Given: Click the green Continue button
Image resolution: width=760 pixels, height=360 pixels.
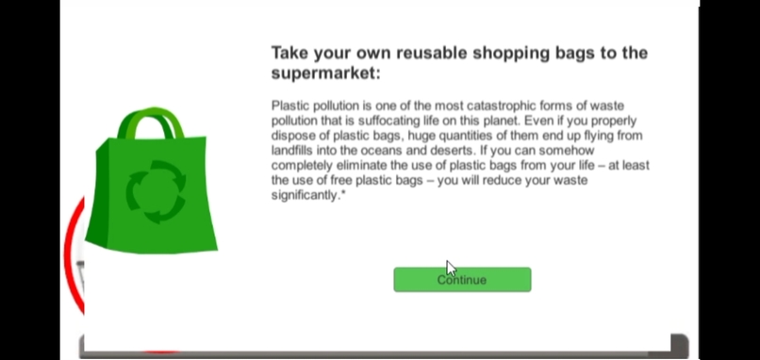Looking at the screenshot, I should pos(462,279).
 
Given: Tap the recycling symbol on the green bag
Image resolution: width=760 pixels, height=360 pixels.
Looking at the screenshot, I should pos(156,187).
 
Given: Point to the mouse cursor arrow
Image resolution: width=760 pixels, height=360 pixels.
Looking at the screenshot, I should pos(451,268).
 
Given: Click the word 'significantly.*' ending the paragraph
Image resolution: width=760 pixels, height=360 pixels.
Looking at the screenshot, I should pos(308,195).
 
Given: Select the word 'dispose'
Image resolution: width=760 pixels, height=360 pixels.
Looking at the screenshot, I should pos(292,136).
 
